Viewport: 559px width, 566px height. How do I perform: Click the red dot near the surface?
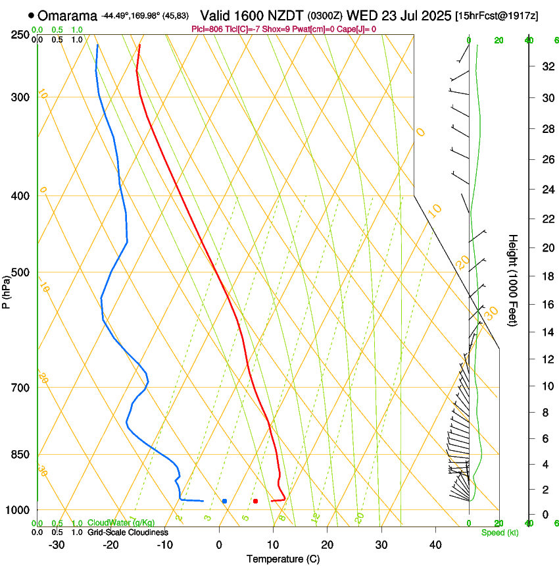[x=255, y=501]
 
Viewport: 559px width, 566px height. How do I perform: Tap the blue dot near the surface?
[x=224, y=501]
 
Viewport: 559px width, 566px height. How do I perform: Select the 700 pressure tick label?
[x=20, y=388]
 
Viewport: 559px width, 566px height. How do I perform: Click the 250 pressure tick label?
[x=20, y=35]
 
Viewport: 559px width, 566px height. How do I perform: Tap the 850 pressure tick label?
[x=20, y=455]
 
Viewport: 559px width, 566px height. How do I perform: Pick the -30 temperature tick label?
[x=57, y=545]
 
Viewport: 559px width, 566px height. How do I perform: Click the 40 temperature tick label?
[x=435, y=545]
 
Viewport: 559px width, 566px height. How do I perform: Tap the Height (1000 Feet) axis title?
[x=513, y=280]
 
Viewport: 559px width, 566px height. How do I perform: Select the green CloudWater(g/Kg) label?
[x=112, y=523]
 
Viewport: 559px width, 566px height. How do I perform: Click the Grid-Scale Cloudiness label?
[x=128, y=532]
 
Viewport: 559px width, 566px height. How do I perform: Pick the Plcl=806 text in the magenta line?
[x=204, y=29]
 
